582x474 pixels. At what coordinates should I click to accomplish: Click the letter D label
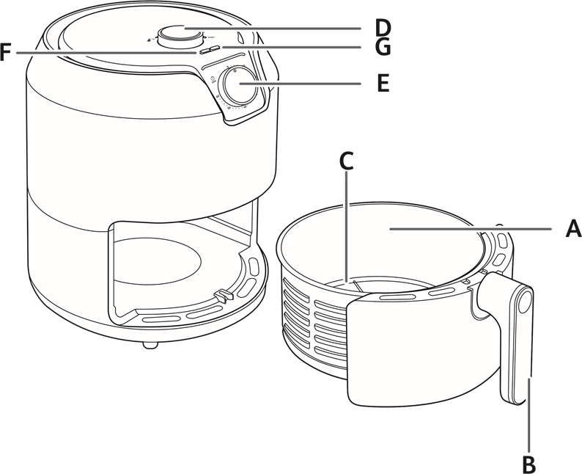click(383, 28)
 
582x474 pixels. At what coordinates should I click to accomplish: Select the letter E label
click(383, 83)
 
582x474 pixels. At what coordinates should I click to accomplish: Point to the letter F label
click(6, 53)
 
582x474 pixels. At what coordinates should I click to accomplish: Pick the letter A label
click(573, 229)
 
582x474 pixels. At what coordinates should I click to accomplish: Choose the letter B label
click(528, 464)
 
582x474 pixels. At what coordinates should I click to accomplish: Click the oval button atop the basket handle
click(524, 302)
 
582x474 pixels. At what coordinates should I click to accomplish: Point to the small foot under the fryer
click(150, 344)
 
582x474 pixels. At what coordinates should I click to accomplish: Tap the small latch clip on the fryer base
click(220, 296)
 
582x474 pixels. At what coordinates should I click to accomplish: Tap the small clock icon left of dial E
click(213, 80)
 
